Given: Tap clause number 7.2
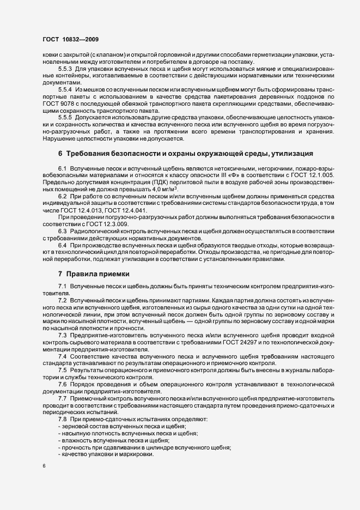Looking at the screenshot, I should [x=62, y=301].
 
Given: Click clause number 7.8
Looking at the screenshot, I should [x=62, y=418].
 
